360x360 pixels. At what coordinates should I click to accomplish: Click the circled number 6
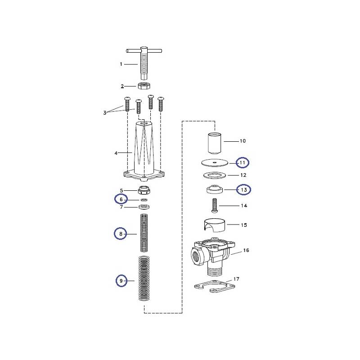pos(121,198)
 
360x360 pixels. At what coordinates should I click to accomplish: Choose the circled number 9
pos(121,281)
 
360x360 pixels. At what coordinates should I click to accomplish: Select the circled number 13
pos(243,190)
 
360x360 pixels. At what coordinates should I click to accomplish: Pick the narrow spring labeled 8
pos(144,233)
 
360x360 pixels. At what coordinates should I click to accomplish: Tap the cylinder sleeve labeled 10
pos(214,143)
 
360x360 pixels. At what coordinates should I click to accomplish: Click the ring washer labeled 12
pos(215,175)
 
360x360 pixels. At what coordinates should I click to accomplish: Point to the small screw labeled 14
pos(214,206)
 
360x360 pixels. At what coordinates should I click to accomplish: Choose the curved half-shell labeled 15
pos(214,224)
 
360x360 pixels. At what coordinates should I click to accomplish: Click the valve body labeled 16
pos(211,254)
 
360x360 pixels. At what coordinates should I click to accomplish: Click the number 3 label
pos(104,112)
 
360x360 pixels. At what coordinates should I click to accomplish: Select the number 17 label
pos(236,279)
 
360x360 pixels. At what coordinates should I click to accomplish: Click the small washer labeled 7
pos(144,207)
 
